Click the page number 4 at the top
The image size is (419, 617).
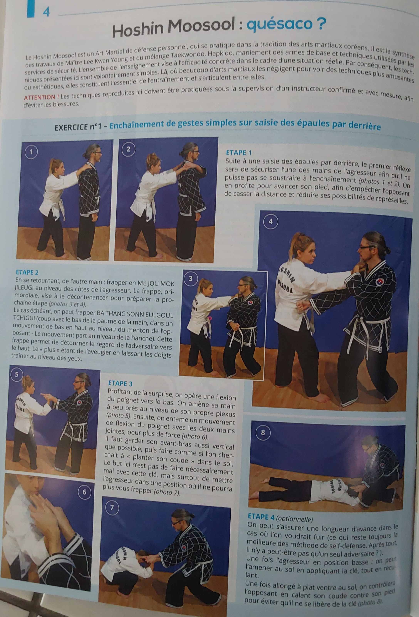(46, 12)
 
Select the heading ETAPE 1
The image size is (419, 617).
(238, 153)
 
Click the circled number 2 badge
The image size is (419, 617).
(129, 149)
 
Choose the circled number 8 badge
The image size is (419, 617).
(263, 432)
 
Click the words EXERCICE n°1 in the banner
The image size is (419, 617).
(79, 127)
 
